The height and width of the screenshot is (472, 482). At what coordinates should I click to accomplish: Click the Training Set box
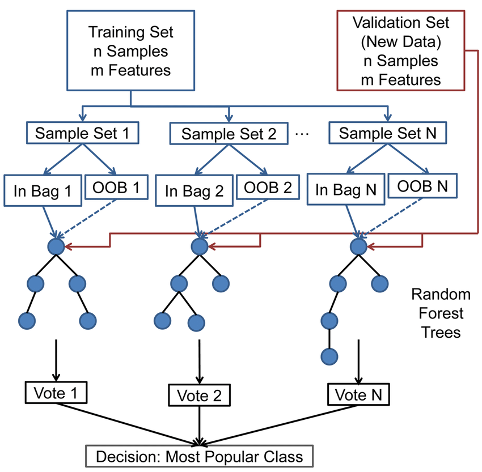[x=132, y=52]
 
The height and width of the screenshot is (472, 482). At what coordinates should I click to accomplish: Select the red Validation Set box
[x=400, y=51]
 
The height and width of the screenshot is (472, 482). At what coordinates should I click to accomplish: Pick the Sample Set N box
[x=388, y=133]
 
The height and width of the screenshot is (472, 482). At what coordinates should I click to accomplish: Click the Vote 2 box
[x=200, y=395]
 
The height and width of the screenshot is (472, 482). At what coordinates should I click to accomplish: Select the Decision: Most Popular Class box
[x=200, y=456]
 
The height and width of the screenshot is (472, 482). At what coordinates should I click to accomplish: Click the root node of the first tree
[x=56, y=246]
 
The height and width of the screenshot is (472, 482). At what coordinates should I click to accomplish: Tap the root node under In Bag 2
[x=200, y=246]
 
